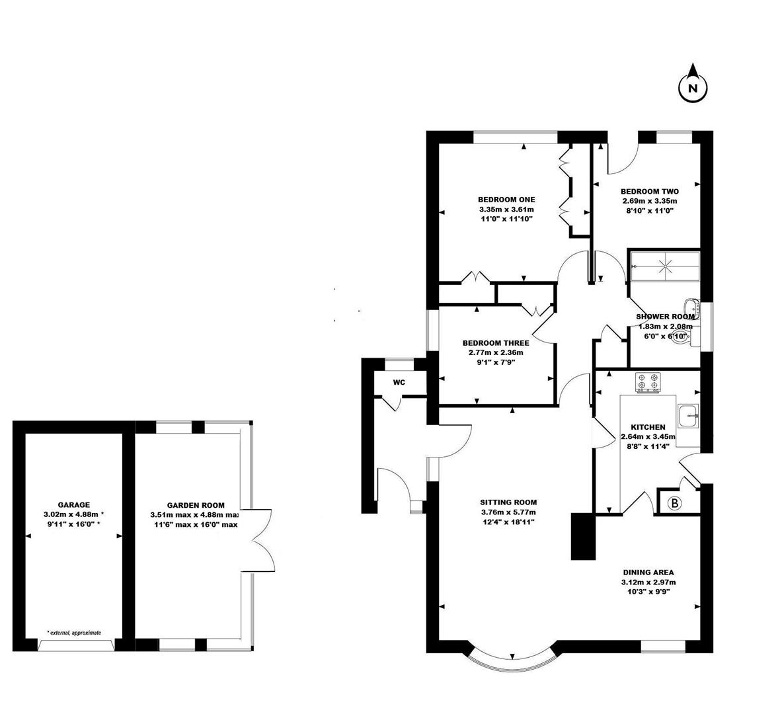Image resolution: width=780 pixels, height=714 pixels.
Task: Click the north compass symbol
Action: point(693,87)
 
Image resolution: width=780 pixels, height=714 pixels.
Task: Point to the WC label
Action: point(399,382)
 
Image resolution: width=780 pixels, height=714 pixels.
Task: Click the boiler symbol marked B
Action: point(675,502)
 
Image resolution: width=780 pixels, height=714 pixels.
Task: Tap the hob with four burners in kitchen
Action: point(648,382)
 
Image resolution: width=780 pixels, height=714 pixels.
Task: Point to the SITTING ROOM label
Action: point(508,502)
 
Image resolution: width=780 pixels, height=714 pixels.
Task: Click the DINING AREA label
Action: point(648,573)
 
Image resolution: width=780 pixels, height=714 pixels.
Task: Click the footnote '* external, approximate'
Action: point(74,633)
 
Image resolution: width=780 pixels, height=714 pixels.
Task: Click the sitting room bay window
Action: point(514,661)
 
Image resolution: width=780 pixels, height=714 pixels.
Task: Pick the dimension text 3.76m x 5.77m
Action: point(508,512)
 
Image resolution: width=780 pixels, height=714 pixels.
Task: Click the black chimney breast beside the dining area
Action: point(582,536)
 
